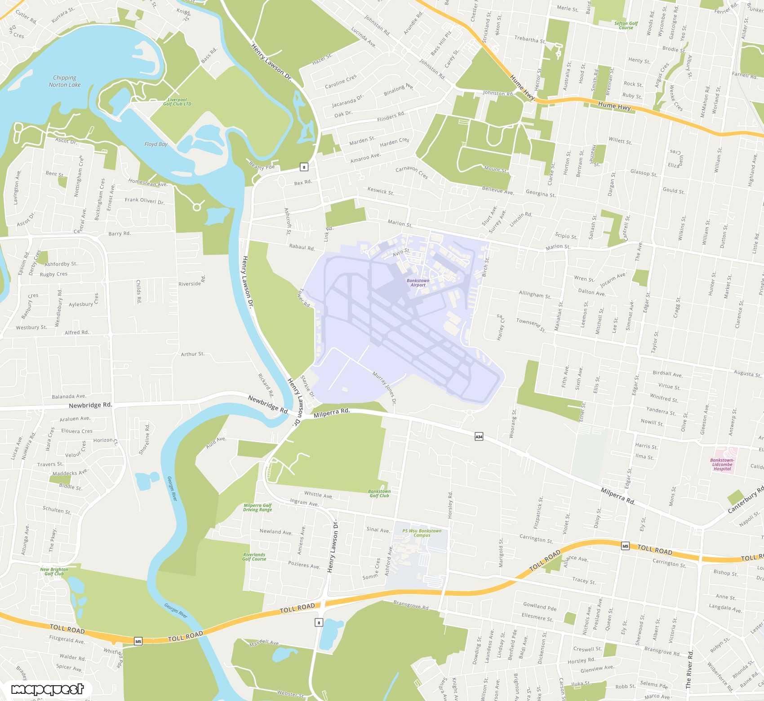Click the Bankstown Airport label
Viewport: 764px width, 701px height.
(418, 283)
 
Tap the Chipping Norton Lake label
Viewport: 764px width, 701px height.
(65, 81)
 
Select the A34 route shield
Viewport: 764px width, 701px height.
(479, 436)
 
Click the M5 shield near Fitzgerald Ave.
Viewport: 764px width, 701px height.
(138, 641)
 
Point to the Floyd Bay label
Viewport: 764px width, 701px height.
(156, 144)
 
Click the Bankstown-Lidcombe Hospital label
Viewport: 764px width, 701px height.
(722, 464)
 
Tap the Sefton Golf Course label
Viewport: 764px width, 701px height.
(626, 25)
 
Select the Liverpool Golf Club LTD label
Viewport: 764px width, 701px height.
(177, 102)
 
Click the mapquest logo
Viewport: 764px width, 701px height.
(47, 689)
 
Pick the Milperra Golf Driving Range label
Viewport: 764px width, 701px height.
(258, 507)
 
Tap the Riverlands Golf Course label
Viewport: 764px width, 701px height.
(254, 557)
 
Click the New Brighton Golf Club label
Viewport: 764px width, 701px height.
(54, 572)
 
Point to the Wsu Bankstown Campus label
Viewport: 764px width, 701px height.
(422, 533)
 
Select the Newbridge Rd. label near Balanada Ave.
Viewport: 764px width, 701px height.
(90, 405)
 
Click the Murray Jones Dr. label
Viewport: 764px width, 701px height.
(385, 388)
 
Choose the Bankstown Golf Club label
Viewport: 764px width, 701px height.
(379, 493)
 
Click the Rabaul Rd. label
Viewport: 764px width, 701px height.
(302, 247)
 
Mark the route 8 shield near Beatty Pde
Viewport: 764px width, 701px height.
(304, 167)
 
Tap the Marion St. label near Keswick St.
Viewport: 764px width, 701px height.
(400, 223)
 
